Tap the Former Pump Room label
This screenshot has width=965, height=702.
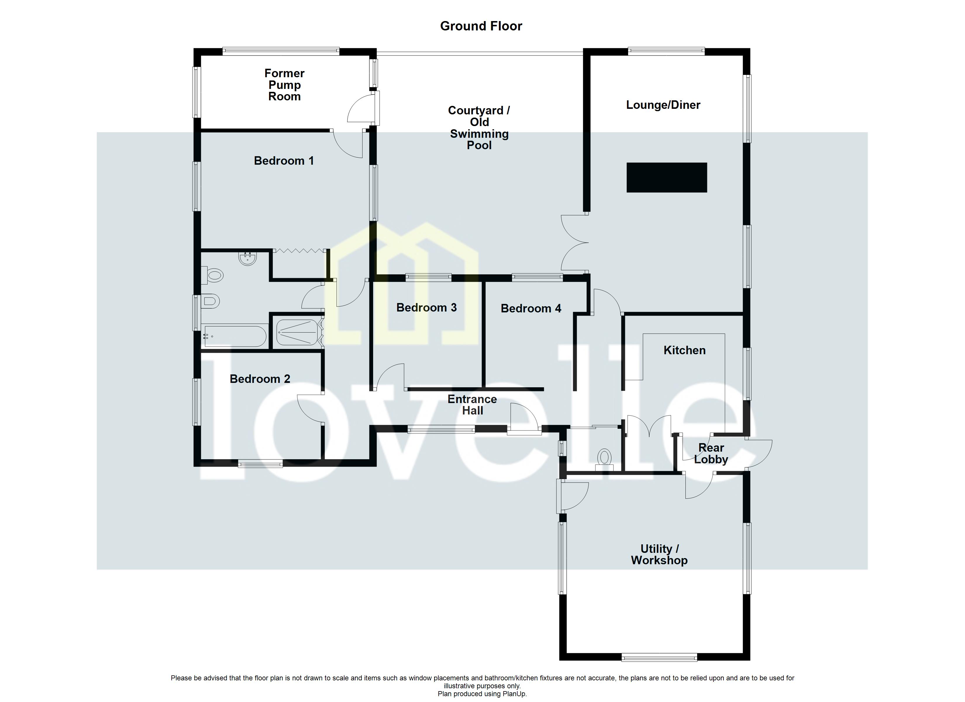click(284, 85)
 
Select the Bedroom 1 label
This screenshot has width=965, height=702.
click(284, 161)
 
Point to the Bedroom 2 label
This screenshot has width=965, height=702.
click(260, 379)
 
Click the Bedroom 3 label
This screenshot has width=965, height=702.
click(426, 308)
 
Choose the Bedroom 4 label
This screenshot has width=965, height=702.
click(530, 309)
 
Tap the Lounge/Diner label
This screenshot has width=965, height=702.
click(663, 105)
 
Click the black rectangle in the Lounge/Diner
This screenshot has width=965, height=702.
click(667, 178)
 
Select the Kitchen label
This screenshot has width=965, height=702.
click(684, 350)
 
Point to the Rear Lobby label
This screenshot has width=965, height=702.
click(711, 454)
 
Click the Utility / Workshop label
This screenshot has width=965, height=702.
click(659, 555)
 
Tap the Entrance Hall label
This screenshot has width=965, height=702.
click(472, 405)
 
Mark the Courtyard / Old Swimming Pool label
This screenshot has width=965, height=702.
click(479, 128)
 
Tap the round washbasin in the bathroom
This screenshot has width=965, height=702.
click(248, 258)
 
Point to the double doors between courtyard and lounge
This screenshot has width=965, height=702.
click(574, 243)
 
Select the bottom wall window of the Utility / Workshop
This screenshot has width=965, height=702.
click(659, 658)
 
